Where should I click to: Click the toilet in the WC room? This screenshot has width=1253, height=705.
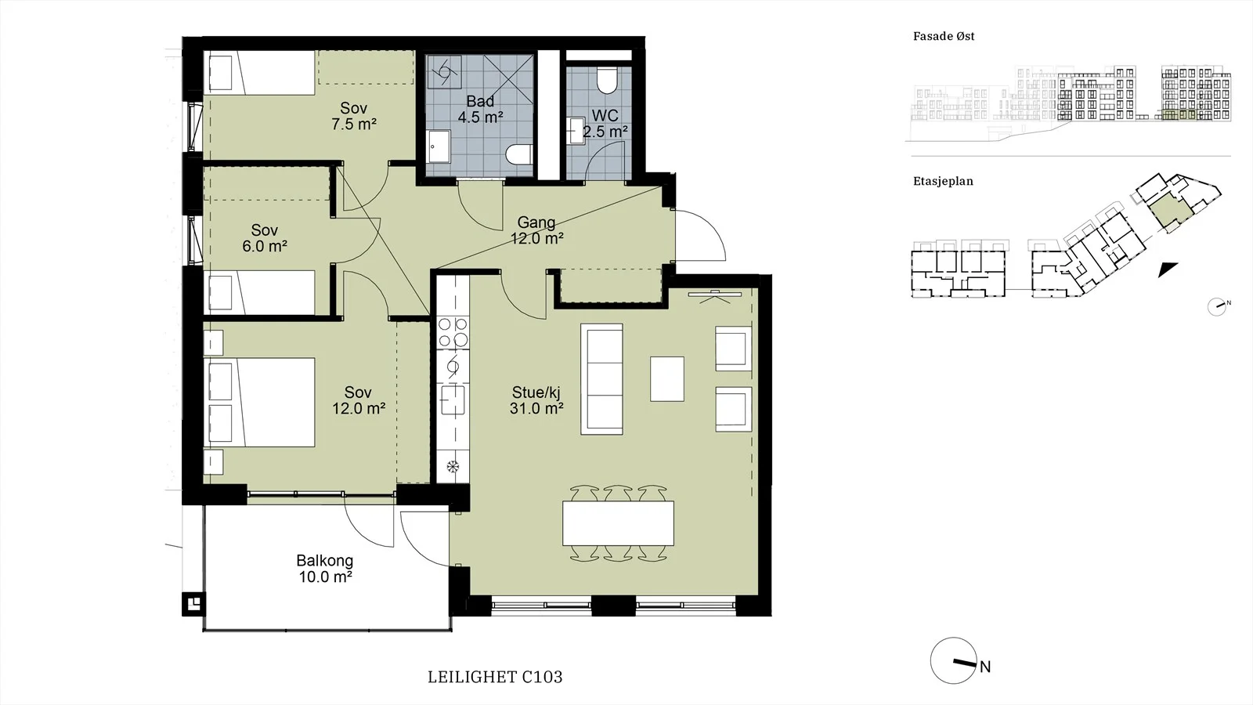pyautogui.click(x=606, y=80)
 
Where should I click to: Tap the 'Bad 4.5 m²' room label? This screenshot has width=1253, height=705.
pyautogui.click(x=480, y=109)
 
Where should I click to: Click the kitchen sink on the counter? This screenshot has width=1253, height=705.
pyautogui.click(x=453, y=400)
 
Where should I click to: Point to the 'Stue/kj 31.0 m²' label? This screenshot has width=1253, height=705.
pyautogui.click(x=536, y=400)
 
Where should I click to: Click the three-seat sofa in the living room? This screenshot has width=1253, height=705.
pyautogui.click(x=602, y=379)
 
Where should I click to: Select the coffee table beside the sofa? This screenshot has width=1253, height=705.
pyautogui.click(x=666, y=379)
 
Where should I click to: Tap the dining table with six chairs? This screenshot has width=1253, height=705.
pyautogui.click(x=618, y=523)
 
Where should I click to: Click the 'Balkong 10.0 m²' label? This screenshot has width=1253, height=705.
pyautogui.click(x=325, y=569)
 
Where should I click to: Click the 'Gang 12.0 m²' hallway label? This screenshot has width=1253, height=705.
pyautogui.click(x=536, y=230)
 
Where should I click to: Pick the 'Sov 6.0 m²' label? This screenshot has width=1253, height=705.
pyautogui.click(x=265, y=238)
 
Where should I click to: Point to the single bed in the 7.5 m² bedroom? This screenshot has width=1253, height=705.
pyautogui.click(x=262, y=72)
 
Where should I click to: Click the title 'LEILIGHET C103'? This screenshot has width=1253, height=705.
pyautogui.click(x=495, y=677)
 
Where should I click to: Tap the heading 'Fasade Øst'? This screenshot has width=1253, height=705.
pyautogui.click(x=944, y=36)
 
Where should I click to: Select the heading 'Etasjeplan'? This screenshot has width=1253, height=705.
pyautogui.click(x=943, y=181)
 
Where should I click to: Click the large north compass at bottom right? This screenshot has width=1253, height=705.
pyautogui.click(x=955, y=661)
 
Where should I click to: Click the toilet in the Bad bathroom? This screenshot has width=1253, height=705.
pyautogui.click(x=520, y=154)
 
